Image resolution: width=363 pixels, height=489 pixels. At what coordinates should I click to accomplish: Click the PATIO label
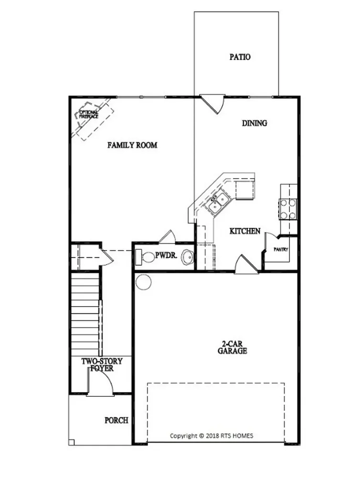click(240, 57)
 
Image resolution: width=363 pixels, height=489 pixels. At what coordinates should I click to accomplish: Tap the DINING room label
click(254, 123)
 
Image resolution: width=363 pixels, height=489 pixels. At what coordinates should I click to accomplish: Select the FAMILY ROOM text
click(132, 145)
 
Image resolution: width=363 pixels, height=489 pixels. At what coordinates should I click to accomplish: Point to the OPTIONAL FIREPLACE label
click(89, 115)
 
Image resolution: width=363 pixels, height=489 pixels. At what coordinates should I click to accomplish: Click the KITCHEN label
click(245, 231)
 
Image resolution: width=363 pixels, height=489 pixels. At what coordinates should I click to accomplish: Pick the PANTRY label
click(280, 249)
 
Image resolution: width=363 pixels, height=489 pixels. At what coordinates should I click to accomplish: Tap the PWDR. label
click(167, 256)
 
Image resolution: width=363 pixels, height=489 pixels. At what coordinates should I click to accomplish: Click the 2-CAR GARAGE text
click(234, 347)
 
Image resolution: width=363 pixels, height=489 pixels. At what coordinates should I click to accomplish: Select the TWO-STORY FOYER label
click(101, 365)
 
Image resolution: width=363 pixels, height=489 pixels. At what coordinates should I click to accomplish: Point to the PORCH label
click(117, 421)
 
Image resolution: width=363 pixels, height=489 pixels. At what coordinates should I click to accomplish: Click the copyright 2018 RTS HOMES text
click(212, 436)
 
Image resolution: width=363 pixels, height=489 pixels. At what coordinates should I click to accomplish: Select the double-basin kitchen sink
click(218, 204)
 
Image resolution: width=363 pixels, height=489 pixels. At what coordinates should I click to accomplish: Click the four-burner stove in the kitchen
click(288, 209)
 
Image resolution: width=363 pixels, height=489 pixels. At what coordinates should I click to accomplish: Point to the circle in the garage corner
click(143, 281)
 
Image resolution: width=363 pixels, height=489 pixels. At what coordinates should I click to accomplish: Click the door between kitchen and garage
click(246, 266)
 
